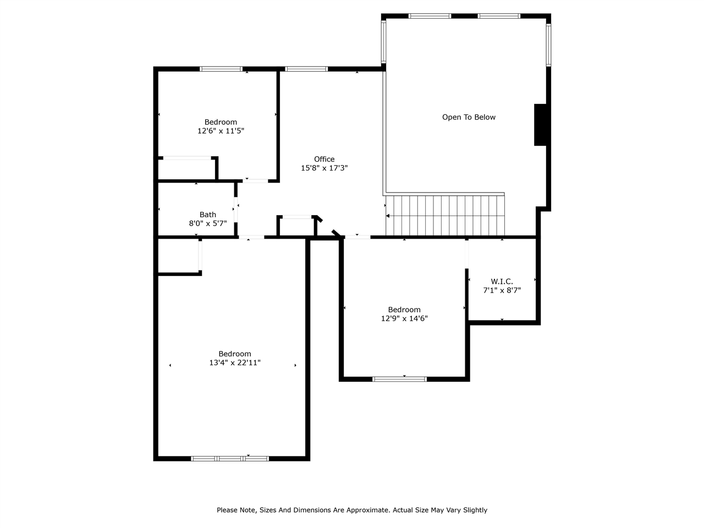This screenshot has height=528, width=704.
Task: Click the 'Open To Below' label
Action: (469, 117)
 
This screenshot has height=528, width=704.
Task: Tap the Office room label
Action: (324, 159)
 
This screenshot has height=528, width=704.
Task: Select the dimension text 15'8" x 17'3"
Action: (324, 168)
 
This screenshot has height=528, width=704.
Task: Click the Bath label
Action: (208, 215)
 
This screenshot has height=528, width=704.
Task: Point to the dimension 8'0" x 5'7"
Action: (208, 223)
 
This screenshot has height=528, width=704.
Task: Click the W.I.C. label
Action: (502, 282)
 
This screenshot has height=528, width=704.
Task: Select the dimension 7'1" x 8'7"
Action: (502, 290)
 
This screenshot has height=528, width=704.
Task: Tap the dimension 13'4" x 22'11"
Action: (235, 363)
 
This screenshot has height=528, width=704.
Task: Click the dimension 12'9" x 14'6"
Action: (404, 318)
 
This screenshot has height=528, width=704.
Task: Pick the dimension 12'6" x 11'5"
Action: (221, 131)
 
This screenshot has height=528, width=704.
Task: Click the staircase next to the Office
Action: (446, 215)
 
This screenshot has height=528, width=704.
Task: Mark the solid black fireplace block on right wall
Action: (540, 125)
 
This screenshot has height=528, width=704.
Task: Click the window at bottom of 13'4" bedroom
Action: (230, 458)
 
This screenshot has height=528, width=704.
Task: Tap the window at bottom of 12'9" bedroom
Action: (400, 379)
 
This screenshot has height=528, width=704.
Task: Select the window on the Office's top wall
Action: (306, 69)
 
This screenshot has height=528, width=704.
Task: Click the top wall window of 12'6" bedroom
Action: (221, 69)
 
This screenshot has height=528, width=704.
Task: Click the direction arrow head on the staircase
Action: (388, 216)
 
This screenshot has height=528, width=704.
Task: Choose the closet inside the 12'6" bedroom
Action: (187, 169)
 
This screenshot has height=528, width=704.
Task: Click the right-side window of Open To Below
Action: (548, 45)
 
